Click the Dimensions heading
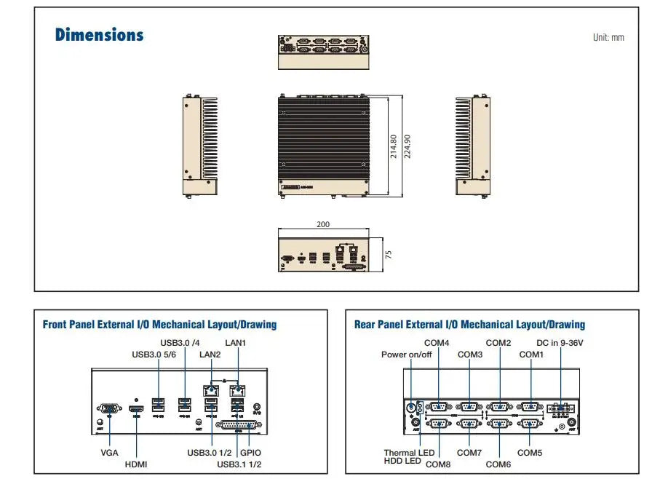coord(100,35)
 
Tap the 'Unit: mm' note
coord(608,38)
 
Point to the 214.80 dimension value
coord(394,146)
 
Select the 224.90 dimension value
coord(407,146)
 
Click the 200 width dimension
coord(323,225)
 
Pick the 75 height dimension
coord(389,254)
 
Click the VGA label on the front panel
coord(110,452)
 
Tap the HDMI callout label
coord(137,464)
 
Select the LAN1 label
coord(236,341)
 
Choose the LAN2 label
coord(210,355)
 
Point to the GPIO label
coord(251,452)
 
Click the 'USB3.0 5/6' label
coord(153,355)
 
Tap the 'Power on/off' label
coord(406,355)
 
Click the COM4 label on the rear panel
coord(437,342)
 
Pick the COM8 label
coord(438,464)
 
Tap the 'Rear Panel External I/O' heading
coord(469,325)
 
